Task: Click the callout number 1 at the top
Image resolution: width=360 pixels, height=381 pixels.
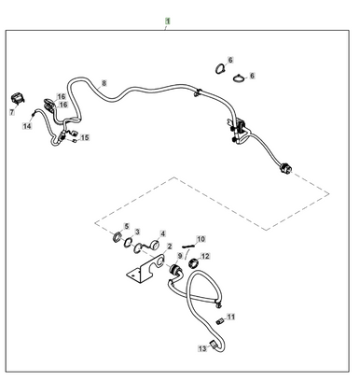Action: pos(168,20)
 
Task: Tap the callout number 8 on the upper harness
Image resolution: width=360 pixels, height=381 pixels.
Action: pos(104,83)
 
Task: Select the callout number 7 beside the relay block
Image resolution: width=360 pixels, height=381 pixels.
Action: pos(12,112)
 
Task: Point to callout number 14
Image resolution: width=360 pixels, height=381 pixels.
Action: pos(27,125)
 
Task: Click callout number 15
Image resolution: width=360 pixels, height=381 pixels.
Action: pos(85,138)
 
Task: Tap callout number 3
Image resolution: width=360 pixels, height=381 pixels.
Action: pos(137,232)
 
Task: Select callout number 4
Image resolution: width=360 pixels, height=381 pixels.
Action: pos(162,233)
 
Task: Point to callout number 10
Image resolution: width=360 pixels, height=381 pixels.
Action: pos(201,239)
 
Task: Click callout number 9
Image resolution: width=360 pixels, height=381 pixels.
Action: pos(180,256)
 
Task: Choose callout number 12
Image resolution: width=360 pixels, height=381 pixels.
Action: pos(206,256)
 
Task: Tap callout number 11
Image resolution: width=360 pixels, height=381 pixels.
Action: pos(231,317)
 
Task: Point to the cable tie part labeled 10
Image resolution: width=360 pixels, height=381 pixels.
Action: pos(188,247)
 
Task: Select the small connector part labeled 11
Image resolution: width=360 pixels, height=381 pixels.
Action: pos(219,322)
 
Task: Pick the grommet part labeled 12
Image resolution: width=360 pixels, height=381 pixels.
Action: pos(194,264)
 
